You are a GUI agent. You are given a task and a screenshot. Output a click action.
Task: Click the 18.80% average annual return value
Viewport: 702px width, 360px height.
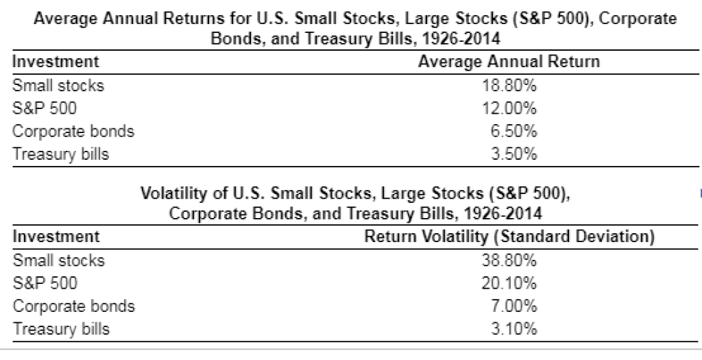[x=509, y=86]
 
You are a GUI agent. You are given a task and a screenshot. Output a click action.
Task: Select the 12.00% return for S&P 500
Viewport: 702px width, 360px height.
[x=509, y=108]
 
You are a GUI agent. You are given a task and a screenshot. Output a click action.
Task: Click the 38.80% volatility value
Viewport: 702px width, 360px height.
[x=509, y=261]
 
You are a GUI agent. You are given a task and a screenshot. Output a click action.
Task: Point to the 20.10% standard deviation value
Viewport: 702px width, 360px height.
[x=509, y=283]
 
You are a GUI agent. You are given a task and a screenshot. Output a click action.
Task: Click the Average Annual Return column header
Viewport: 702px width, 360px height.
[x=509, y=62]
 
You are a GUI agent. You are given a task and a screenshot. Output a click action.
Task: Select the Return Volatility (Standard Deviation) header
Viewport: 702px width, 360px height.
[x=509, y=237]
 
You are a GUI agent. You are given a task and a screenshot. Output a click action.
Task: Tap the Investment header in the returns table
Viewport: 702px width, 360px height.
[x=56, y=62]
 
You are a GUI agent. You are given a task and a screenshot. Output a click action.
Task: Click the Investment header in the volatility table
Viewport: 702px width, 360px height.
[x=56, y=237]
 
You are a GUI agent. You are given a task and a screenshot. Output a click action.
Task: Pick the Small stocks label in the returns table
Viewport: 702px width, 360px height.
[x=58, y=86]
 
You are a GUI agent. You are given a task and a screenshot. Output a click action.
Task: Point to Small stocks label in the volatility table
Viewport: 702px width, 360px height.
[x=58, y=261]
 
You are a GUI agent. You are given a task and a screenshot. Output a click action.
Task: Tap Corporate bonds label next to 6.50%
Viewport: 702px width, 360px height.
[x=73, y=131]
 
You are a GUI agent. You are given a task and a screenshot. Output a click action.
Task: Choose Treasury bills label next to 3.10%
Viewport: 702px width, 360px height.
[x=61, y=328]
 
